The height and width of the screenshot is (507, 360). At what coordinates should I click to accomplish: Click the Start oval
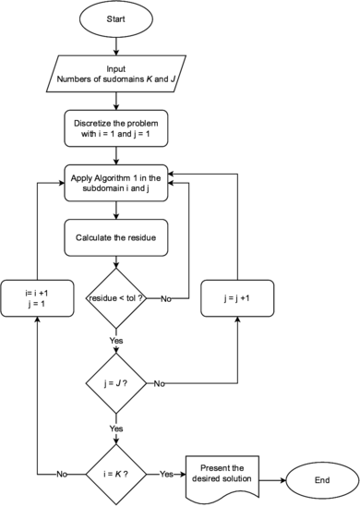pyautogui.click(x=115, y=18)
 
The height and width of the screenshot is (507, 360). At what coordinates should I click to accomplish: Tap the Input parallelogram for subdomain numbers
pyautogui.click(x=115, y=72)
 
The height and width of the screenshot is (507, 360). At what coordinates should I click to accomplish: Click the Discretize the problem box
pyautogui.click(x=115, y=127)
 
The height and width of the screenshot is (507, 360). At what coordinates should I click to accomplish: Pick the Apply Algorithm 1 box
pyautogui.click(x=115, y=182)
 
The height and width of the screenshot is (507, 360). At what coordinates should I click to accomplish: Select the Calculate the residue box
pyautogui.click(x=115, y=237)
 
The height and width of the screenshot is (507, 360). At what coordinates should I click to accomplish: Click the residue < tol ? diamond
pyautogui.click(x=115, y=298)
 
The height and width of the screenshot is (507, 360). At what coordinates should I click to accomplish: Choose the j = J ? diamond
pyautogui.click(x=115, y=382)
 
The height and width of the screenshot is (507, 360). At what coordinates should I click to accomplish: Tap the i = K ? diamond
pyautogui.click(x=115, y=474)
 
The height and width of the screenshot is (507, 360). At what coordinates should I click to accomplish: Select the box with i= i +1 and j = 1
pyautogui.click(x=37, y=299)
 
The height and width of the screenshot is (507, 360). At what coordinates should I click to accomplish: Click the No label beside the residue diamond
pyautogui.click(x=166, y=299)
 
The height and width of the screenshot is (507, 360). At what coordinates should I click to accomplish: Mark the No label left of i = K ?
pyautogui.click(x=64, y=475)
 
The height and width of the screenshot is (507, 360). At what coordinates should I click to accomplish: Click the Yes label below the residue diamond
pyautogui.click(x=116, y=340)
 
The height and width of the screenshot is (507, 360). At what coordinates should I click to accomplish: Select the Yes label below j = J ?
pyautogui.click(x=116, y=429)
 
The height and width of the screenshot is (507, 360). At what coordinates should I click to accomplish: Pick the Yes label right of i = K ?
pyautogui.click(x=166, y=475)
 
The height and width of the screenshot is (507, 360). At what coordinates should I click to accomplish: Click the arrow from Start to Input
pyautogui.click(x=115, y=45)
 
